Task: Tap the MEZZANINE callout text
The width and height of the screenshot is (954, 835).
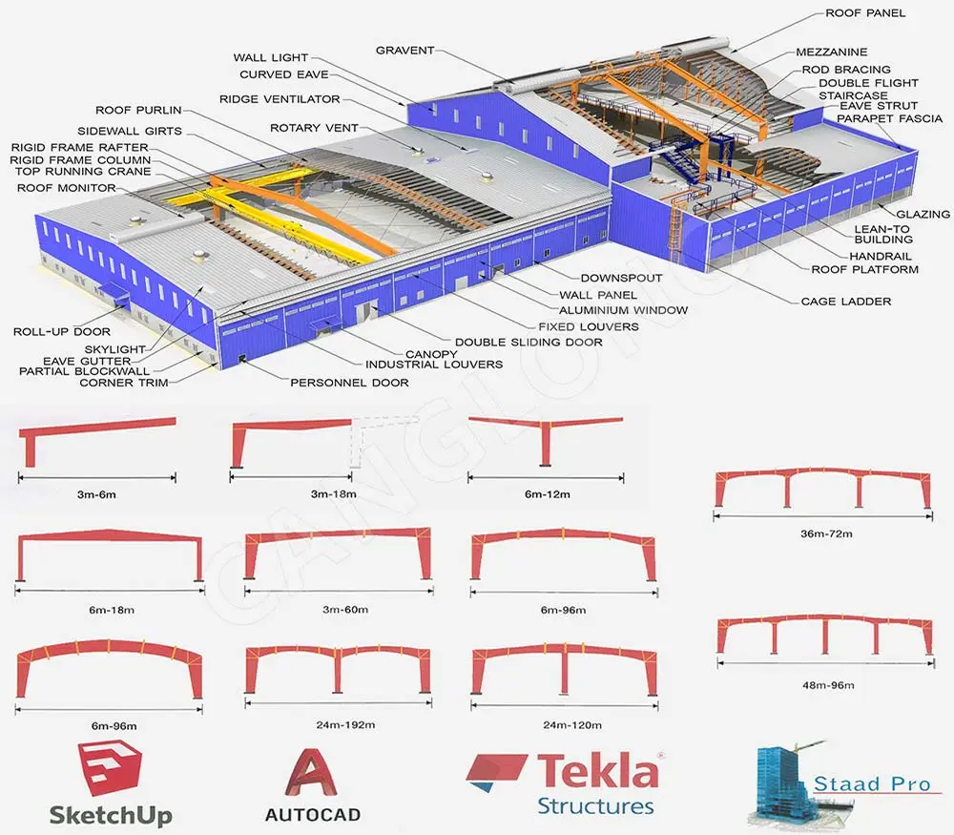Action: [833, 51]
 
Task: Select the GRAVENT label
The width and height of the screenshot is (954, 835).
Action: [404, 51]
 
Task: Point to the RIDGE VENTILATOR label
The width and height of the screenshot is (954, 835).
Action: [280, 99]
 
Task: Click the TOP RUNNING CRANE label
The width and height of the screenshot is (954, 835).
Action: [79, 173]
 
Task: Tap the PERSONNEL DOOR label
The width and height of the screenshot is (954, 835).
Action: [349, 382]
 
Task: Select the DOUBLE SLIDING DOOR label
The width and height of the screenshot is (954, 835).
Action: [529, 342]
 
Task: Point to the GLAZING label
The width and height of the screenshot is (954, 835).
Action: [923, 215]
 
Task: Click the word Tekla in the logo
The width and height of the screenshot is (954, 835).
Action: [597, 771]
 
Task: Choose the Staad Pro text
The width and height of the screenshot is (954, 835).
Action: [871, 784]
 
